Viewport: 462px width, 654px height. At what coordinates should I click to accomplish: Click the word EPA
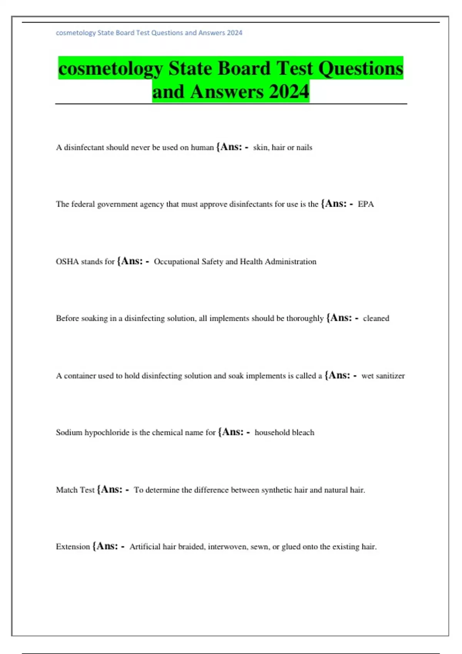pos(366,204)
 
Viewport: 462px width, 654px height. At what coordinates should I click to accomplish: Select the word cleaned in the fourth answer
pos(376,319)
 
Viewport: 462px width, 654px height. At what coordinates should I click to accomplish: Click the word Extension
pos(73,547)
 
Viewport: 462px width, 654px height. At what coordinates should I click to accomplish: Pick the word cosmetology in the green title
pos(110,68)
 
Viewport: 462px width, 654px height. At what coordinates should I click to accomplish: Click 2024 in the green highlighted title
pos(289,92)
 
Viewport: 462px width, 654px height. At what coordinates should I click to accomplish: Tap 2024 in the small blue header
pos(234,33)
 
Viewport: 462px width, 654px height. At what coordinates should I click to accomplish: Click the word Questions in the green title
pos(360,68)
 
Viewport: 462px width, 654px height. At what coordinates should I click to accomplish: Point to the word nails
pos(304,147)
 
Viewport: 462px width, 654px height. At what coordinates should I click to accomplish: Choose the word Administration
pos(290,262)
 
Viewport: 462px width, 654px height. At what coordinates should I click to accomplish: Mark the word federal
pos(83,204)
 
